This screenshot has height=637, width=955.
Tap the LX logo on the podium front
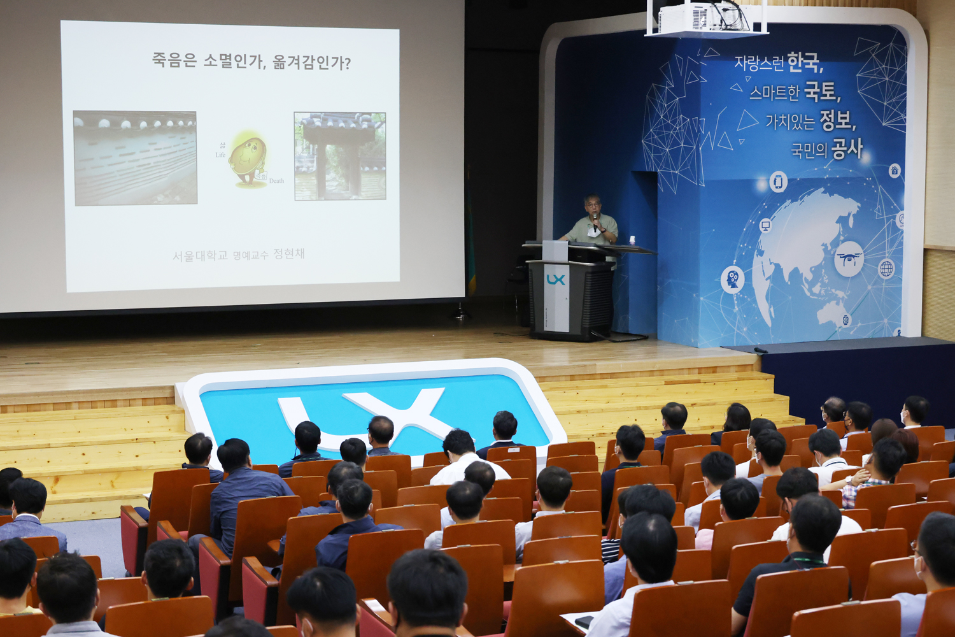tap(555, 279)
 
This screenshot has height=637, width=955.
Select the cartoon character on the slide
tap(248, 158)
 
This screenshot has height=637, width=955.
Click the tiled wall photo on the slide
tap(135, 158)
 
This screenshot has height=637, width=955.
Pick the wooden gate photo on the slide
tap(340, 156)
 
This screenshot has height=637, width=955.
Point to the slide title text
tap(251, 61)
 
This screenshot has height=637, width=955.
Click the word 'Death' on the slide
tap(276, 181)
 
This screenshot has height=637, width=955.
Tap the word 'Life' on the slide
tap(220, 155)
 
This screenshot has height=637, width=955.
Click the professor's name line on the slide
tap(239, 255)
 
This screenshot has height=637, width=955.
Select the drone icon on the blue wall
tap(849, 259)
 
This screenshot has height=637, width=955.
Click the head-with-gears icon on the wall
tap(733, 279)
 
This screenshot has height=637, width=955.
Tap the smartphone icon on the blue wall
tap(778, 182)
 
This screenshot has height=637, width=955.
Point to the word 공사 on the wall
tap(847, 148)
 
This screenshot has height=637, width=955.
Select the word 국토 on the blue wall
tap(821, 91)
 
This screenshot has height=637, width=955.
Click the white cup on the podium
tap(632, 240)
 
